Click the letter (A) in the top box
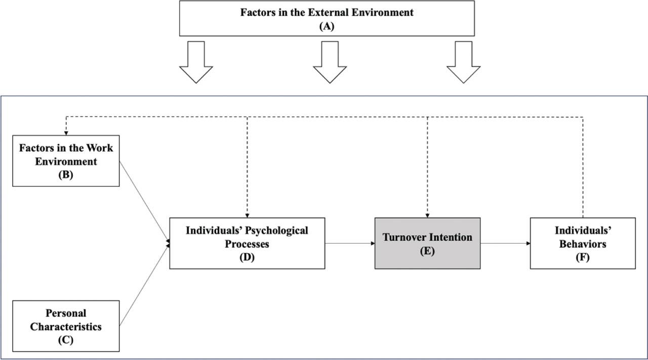pos(327,26)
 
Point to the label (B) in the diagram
pos(66,175)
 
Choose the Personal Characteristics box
pos(66,326)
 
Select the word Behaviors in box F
pos(583,244)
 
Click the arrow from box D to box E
pos(349,244)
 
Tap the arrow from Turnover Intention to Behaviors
pos(505,244)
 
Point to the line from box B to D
pos(144,203)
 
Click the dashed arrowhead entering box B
pos(66,133)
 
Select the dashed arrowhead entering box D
pos(247,215)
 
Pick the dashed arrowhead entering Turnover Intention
pos(427,215)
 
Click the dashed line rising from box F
pos(583,167)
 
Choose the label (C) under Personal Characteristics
pos(66,340)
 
